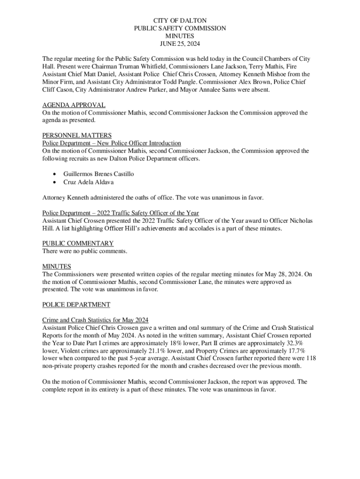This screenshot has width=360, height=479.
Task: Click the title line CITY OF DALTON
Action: click(x=180, y=21)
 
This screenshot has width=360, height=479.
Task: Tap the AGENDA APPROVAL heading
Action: click(x=73, y=105)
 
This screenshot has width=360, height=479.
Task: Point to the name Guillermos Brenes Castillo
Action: click(x=98, y=174)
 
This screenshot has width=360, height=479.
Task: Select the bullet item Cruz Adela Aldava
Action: click(x=88, y=182)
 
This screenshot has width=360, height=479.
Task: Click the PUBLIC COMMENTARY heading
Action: click(x=78, y=243)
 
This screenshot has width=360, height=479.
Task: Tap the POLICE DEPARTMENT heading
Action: click(x=76, y=305)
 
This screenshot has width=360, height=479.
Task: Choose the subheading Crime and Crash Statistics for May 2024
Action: click(x=95, y=320)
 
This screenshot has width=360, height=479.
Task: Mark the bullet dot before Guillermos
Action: click(x=55, y=174)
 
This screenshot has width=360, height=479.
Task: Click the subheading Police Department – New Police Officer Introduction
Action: click(x=111, y=143)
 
